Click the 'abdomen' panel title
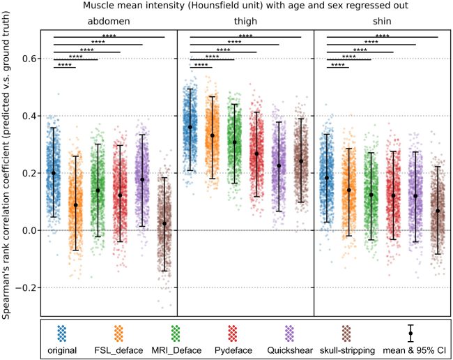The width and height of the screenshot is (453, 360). (x=108, y=22)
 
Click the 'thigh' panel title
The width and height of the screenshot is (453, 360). (x=245, y=22)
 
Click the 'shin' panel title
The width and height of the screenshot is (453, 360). (x=382, y=22)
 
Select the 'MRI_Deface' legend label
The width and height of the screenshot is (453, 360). (x=190, y=347)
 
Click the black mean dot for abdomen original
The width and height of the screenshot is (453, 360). (x=53, y=173)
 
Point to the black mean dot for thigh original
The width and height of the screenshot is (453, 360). (x=190, y=127)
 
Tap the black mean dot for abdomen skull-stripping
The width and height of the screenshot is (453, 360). (x=164, y=223)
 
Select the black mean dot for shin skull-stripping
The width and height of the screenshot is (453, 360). (x=438, y=211)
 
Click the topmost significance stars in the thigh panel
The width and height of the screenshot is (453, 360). (x=245, y=34)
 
